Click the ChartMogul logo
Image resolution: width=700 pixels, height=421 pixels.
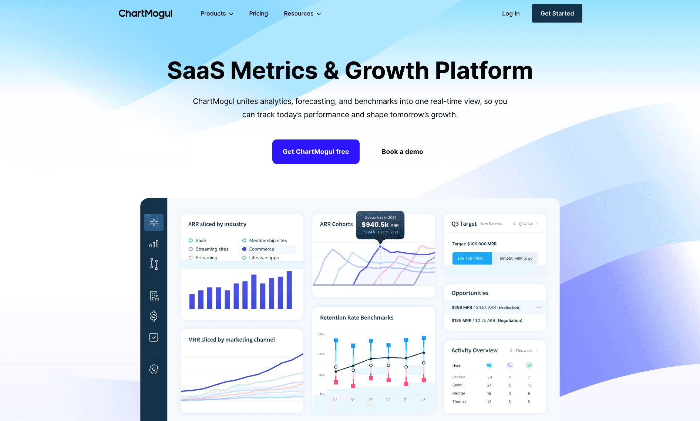point(145,14)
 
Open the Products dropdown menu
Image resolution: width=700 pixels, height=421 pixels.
point(217,14)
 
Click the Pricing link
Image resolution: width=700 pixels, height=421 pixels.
point(258,14)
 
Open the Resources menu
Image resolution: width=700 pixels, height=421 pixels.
point(302,14)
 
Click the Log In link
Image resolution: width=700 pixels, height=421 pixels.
point(511,14)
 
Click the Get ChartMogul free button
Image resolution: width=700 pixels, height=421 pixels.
point(316,152)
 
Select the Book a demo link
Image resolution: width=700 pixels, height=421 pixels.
point(402,152)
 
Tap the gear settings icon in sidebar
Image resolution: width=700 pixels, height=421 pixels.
point(154,369)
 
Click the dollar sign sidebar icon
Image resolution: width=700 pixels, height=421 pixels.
point(154,316)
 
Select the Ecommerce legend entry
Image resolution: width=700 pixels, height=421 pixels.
point(262,249)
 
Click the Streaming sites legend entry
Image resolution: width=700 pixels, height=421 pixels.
point(212,249)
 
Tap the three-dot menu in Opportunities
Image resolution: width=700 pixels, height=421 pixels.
point(539,307)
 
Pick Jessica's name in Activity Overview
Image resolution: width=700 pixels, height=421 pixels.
point(459,377)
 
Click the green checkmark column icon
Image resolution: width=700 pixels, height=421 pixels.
point(529,365)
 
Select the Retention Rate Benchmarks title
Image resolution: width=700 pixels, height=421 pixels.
point(357,318)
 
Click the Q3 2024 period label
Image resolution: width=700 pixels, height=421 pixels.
point(525,224)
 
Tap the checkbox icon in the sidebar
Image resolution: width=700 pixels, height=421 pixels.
point(154,337)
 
